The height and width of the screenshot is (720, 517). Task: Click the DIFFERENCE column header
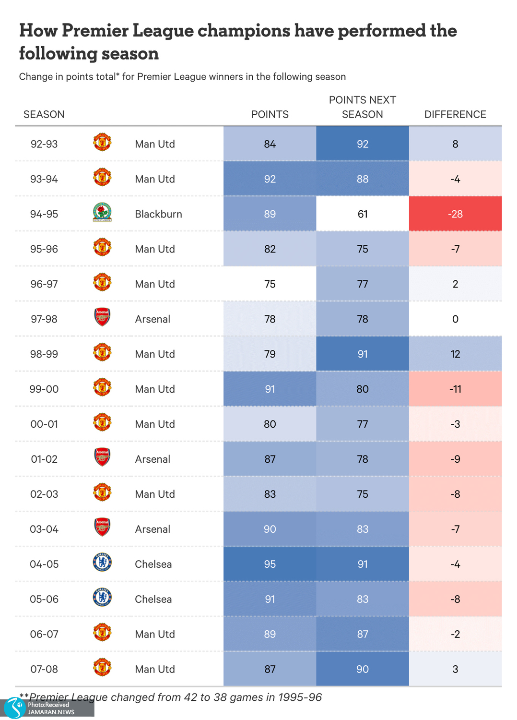pyautogui.click(x=455, y=114)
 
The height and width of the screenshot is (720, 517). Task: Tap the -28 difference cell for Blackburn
pyautogui.click(x=455, y=214)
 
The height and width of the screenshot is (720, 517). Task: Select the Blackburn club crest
pyautogui.click(x=102, y=213)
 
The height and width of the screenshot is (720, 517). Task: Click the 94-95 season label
pyautogui.click(x=44, y=214)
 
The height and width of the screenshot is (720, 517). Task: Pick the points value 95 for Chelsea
pyautogui.click(x=270, y=564)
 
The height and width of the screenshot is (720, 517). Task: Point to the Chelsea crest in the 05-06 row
pyautogui.click(x=102, y=598)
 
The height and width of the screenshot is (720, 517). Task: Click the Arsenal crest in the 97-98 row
pyautogui.click(x=102, y=317)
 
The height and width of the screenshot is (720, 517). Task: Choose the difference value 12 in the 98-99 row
pyautogui.click(x=455, y=354)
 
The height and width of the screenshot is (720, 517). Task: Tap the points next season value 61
pyautogui.click(x=363, y=214)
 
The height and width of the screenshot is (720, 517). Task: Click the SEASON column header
pyautogui.click(x=44, y=114)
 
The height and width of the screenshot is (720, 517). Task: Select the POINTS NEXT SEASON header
pyautogui.click(x=363, y=107)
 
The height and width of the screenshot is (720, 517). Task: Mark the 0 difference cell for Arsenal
pyautogui.click(x=455, y=319)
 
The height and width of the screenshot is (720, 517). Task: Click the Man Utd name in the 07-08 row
pyautogui.click(x=155, y=669)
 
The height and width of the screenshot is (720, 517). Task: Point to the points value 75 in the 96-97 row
pyautogui.click(x=270, y=284)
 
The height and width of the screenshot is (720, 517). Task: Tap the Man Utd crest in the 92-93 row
pyautogui.click(x=102, y=143)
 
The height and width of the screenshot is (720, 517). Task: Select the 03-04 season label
pyautogui.click(x=44, y=529)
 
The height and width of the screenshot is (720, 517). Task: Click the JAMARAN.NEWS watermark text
pyautogui.click(x=51, y=712)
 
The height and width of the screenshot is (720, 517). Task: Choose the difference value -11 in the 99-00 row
pyautogui.click(x=455, y=389)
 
